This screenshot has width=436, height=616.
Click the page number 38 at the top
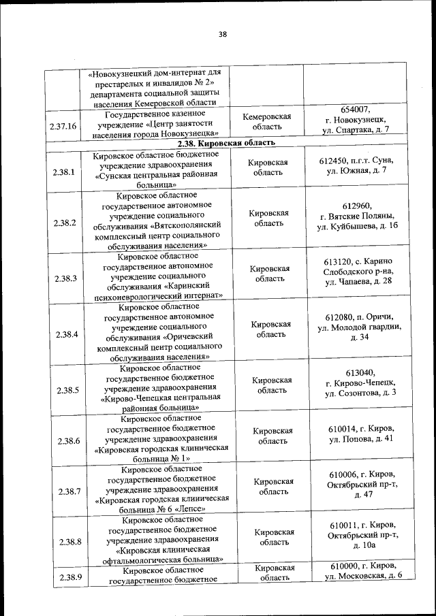pyautogui.click(x=222, y=35)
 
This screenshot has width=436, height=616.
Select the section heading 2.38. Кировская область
pyautogui.click(x=225, y=144)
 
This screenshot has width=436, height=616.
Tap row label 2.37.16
pyautogui.click(x=63, y=126)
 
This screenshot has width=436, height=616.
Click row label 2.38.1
pyautogui.click(x=63, y=172)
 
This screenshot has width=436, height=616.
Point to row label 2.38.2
pyautogui.click(x=63, y=223)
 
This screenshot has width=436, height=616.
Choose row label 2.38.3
pyautogui.click(x=63, y=278)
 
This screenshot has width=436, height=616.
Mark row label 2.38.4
pyautogui.click(x=63, y=334)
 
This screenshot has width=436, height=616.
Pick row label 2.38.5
pyautogui.click(x=63, y=390)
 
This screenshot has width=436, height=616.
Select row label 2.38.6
pyautogui.click(x=63, y=441)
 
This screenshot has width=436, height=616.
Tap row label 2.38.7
pyautogui.click(x=63, y=491)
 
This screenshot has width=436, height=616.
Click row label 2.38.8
pyautogui.click(x=63, y=542)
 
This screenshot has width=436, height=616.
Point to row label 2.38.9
pyautogui.click(x=63, y=578)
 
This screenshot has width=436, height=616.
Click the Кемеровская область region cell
pyautogui.click(x=267, y=122)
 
